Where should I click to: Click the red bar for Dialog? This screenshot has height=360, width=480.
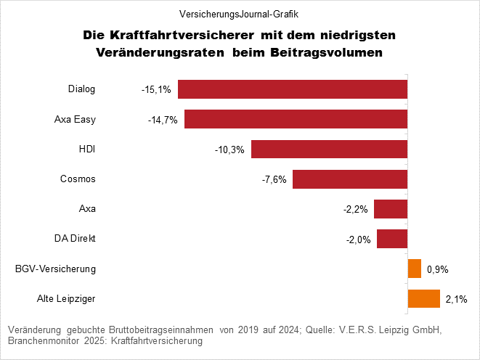click(292, 89)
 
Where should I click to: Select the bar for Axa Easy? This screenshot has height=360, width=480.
click(296, 119)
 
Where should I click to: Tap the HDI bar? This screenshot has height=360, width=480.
click(329, 150)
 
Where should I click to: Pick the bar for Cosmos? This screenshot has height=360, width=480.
click(349, 179)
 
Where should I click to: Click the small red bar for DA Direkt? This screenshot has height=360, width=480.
click(392, 239)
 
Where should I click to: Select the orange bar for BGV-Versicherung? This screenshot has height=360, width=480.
click(415, 269)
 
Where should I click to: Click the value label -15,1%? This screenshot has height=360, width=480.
click(156, 90)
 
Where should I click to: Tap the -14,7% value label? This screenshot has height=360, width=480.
click(163, 120)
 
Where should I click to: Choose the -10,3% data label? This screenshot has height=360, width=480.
click(229, 150)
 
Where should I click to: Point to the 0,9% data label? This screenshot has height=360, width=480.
click(438, 269)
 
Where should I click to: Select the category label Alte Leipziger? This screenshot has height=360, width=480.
click(66, 298)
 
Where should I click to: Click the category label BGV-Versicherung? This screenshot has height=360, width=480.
click(56, 269)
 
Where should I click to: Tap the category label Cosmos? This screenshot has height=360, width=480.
click(78, 179)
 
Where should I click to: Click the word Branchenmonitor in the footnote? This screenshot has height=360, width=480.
click(43, 340)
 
